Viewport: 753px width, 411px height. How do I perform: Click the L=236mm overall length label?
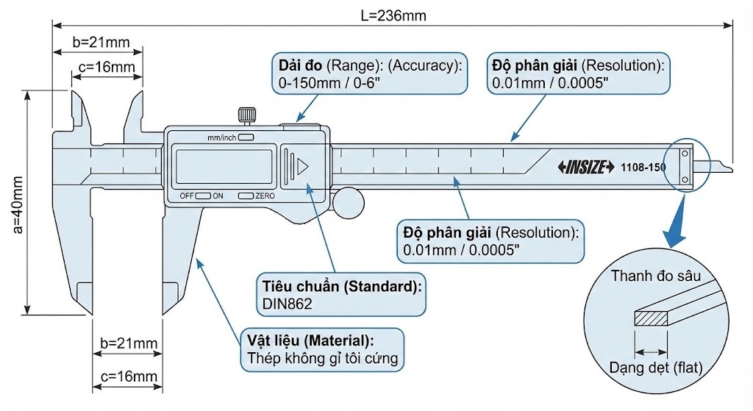393,16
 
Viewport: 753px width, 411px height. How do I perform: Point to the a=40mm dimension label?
18,204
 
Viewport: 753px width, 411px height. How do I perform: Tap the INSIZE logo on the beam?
586,167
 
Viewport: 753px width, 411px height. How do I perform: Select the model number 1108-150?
643,167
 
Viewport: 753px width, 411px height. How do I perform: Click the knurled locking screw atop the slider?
247,115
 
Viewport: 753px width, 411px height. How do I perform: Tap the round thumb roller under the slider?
349,204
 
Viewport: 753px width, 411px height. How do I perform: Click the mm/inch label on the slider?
221,137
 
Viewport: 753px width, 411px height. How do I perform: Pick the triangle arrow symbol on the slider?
302,167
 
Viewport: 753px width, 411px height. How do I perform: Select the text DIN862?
288,304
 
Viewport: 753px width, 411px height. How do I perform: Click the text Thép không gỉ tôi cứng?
323,358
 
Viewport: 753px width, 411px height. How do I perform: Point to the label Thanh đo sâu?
655,276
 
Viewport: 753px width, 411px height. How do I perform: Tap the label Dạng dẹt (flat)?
655,368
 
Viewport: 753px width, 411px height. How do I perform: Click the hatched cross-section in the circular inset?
651,318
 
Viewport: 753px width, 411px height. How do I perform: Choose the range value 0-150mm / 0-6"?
329,83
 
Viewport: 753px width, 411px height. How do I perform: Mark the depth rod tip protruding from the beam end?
721,166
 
